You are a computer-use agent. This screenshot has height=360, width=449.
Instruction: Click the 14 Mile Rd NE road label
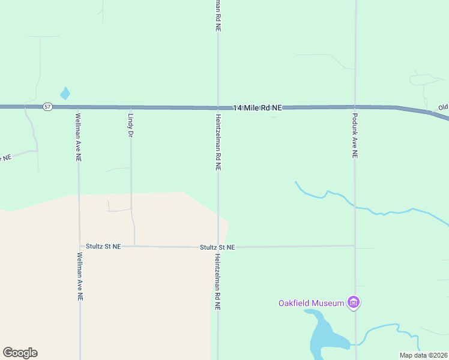point(258,107)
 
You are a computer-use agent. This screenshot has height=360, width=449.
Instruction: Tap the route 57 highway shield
point(48,107)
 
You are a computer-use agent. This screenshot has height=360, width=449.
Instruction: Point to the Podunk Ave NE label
point(355,136)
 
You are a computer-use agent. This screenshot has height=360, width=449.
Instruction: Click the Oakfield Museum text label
point(311,303)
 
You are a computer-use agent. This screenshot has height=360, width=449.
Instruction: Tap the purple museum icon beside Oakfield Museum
point(354,302)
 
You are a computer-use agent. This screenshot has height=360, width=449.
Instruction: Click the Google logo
point(20,353)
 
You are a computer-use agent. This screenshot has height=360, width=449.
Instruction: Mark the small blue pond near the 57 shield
point(65,94)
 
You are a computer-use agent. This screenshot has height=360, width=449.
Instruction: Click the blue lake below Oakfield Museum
point(324,336)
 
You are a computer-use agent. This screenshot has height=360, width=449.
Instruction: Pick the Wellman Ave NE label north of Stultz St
point(78,137)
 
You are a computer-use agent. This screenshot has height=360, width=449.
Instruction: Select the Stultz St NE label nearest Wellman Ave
point(103,246)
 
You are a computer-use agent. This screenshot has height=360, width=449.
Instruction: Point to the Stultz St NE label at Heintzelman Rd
point(217,247)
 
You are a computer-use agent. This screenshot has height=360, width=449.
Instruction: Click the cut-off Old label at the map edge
point(443,107)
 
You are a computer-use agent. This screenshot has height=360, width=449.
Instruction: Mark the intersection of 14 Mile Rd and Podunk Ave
point(355,107)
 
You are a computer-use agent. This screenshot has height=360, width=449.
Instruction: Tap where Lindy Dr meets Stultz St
point(134,246)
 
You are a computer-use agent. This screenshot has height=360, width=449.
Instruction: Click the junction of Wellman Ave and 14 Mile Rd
point(78,107)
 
